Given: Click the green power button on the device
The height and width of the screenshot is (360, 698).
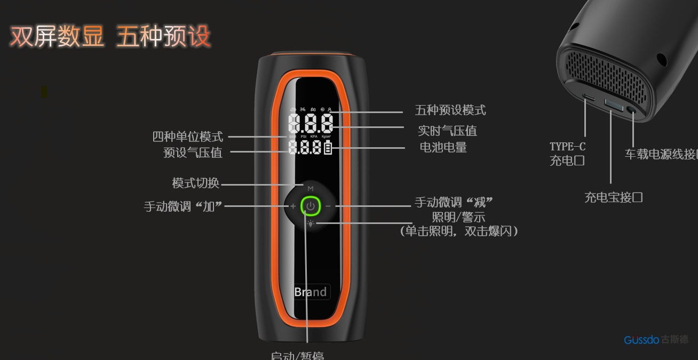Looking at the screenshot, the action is click(x=310, y=205).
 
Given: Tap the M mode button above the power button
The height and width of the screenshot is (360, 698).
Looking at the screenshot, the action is click(x=310, y=188).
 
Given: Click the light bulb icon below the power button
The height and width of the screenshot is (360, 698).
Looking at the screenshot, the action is click(x=310, y=223).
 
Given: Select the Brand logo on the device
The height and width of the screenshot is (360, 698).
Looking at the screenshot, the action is click(x=311, y=292).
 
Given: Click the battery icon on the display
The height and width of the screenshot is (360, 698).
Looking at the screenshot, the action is click(x=328, y=147).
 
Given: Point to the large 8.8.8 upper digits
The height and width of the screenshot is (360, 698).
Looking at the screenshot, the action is click(x=311, y=124).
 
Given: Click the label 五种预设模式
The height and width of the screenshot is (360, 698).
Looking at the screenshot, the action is click(x=450, y=110).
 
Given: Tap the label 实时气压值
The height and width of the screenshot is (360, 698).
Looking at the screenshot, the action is click(x=447, y=131).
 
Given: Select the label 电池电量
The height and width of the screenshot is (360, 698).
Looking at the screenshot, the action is click(x=443, y=147).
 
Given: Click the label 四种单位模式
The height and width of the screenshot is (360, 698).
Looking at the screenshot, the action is click(x=188, y=137).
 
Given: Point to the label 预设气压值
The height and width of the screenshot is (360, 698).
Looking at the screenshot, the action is click(x=193, y=153).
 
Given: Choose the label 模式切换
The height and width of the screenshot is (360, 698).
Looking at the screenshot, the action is click(x=195, y=183).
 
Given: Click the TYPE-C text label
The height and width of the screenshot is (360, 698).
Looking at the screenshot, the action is click(x=567, y=147).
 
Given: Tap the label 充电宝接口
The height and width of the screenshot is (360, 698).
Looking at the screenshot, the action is click(x=613, y=197).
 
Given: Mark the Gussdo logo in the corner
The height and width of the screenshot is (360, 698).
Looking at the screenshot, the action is click(x=655, y=340).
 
